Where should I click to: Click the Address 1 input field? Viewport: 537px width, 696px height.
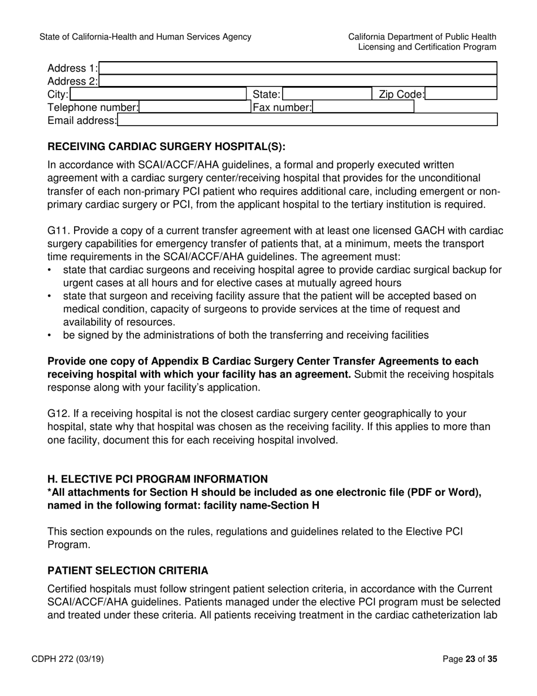pyautogui.click(x=297, y=68)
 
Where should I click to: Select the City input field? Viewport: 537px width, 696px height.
pyautogui.click(x=158, y=94)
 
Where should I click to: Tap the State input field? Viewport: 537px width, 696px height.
pyautogui.click(x=326, y=94)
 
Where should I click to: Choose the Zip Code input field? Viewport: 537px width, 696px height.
pyautogui.click(x=460, y=94)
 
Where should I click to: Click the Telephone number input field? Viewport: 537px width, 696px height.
pyautogui.click(x=194, y=107)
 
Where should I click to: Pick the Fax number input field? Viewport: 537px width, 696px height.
pyautogui.click(x=363, y=107)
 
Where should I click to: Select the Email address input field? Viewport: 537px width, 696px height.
pyautogui.click(x=307, y=119)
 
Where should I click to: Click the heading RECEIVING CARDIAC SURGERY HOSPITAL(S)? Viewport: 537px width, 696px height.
pyautogui.click(x=166, y=147)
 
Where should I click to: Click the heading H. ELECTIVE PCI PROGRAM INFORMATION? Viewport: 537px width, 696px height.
pyautogui.click(x=158, y=479)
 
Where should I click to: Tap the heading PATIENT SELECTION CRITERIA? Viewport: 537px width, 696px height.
pyautogui.click(x=128, y=570)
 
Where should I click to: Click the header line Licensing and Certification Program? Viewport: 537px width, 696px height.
pyautogui.click(x=427, y=47)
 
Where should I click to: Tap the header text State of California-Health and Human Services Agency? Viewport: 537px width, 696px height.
pyautogui.click(x=145, y=37)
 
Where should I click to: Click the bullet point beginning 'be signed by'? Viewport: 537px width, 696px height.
pyautogui.click(x=245, y=335)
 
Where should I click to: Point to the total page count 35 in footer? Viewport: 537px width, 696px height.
pyautogui.click(x=492, y=659)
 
